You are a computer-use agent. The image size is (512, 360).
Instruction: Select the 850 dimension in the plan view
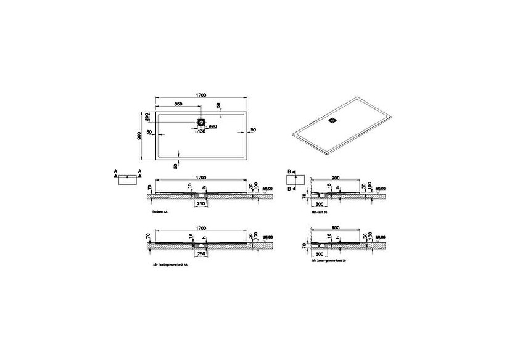coord(177,103)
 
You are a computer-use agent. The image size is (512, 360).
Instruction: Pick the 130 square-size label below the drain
coord(200,131)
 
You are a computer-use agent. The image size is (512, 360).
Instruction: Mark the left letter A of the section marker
coord(115,171)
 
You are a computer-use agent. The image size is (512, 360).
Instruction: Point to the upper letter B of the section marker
coord(287,171)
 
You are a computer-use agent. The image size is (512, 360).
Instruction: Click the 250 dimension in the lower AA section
coord(200,252)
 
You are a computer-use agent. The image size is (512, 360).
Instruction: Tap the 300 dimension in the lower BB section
coord(320,253)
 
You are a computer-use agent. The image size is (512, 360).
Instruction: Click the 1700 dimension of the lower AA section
coord(201,227)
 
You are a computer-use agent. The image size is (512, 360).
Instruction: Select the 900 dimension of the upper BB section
coord(336,174)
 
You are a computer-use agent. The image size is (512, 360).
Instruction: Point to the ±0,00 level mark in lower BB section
coord(381,237)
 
